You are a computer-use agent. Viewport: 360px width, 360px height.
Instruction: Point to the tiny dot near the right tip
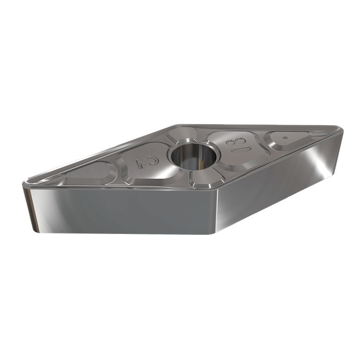pos(285,137)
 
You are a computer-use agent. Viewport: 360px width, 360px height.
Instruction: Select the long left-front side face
pos(122,211)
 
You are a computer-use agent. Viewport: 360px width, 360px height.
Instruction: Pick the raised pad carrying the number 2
pos(141,162)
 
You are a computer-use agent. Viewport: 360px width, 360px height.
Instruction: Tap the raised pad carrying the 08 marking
pos(236,145)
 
